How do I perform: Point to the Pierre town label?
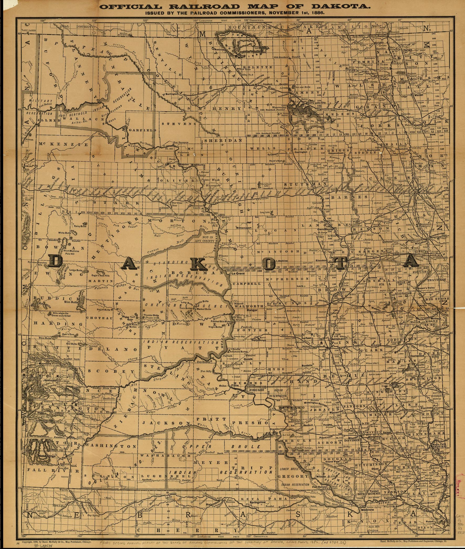pyautogui.click(x=235, y=385)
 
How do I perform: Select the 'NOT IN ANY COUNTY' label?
pyautogui.click(x=205, y=239)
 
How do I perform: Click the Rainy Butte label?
pyautogui.click(x=80, y=226)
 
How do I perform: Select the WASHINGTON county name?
pyautogui.click(x=111, y=446)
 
